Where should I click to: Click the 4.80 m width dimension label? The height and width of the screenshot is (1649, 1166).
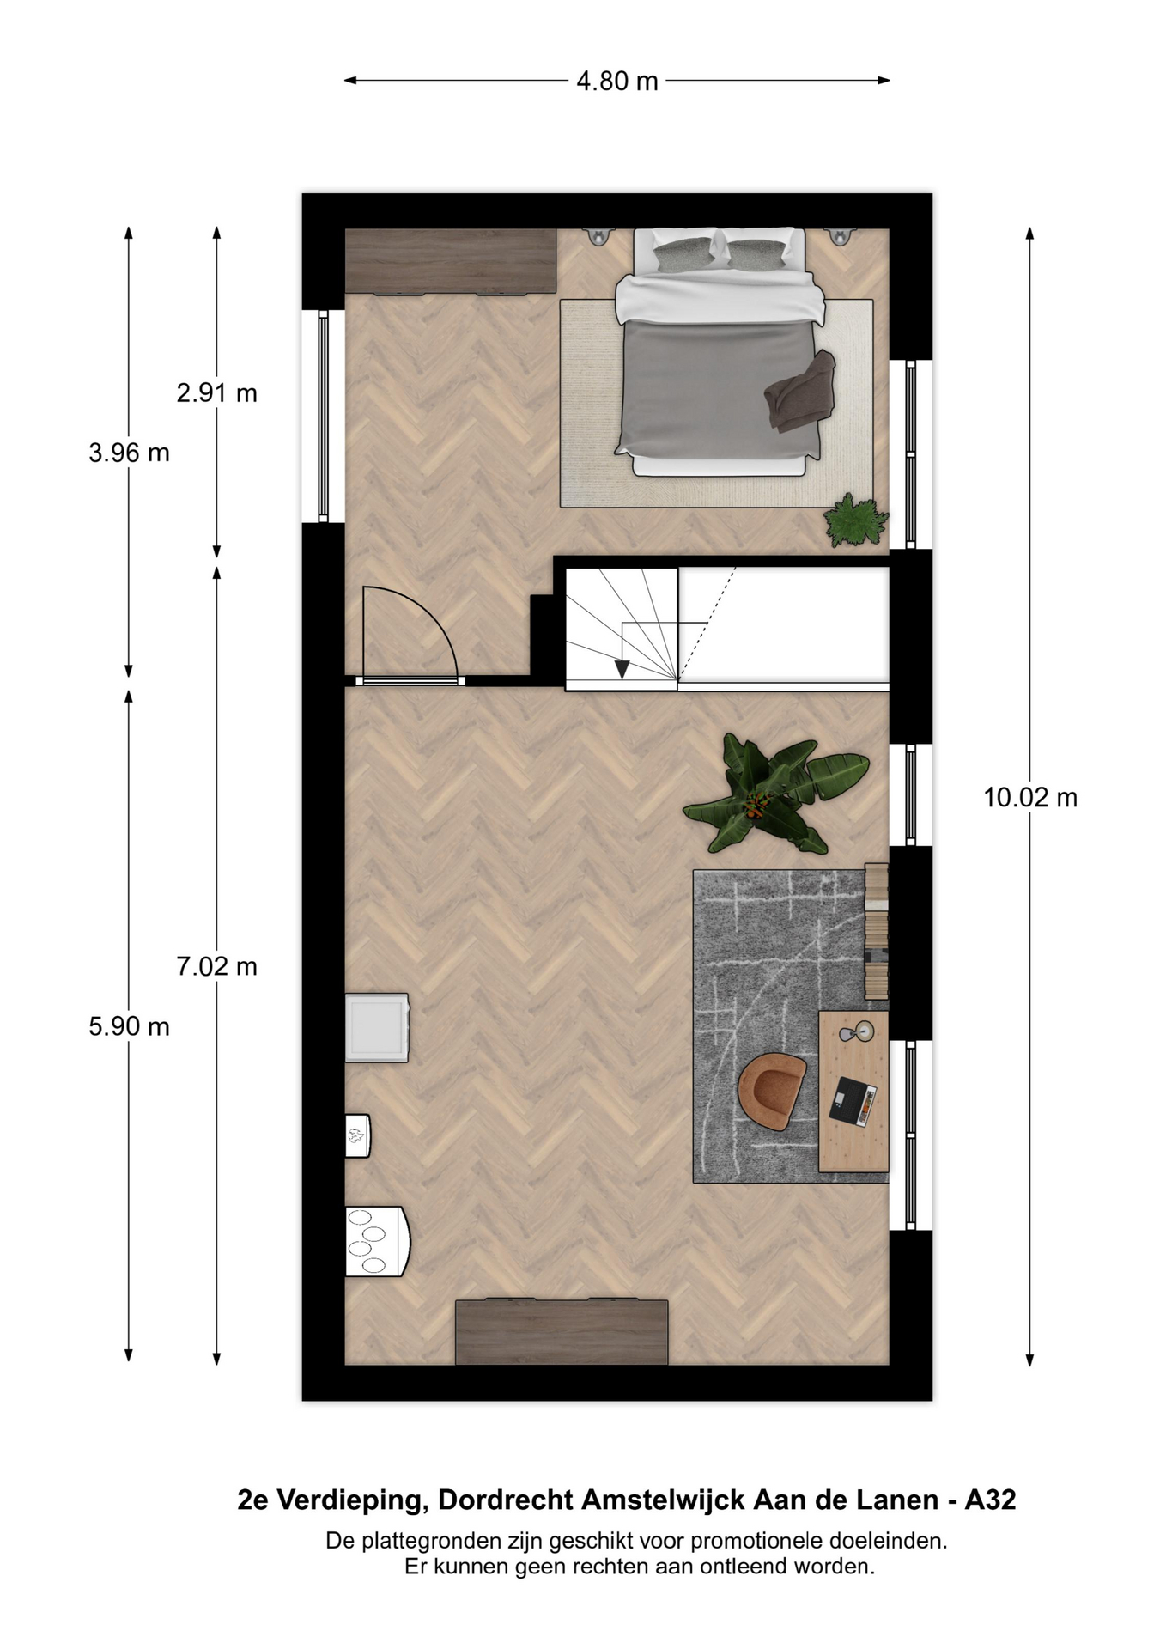click(616, 81)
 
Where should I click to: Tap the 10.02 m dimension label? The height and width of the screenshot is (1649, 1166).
click(1029, 798)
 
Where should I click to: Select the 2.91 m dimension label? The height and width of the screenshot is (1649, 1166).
click(216, 393)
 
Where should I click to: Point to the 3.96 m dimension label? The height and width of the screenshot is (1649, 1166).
click(129, 453)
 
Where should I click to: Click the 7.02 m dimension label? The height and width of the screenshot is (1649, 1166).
click(216, 967)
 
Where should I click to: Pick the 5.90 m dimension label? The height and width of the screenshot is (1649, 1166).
click(129, 1026)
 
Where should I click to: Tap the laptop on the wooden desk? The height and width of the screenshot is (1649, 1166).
click(853, 1100)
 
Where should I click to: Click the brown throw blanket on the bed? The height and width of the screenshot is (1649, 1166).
click(800, 391)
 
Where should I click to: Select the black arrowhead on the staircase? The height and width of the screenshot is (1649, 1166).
click(622, 670)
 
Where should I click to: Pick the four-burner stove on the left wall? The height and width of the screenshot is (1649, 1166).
click(376, 1241)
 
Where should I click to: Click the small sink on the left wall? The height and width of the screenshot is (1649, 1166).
click(357, 1135)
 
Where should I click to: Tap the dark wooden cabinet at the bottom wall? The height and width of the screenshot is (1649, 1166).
click(562, 1332)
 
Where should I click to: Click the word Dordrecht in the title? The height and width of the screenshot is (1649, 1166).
click(506, 1500)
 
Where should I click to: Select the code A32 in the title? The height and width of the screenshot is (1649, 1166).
click(990, 1500)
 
